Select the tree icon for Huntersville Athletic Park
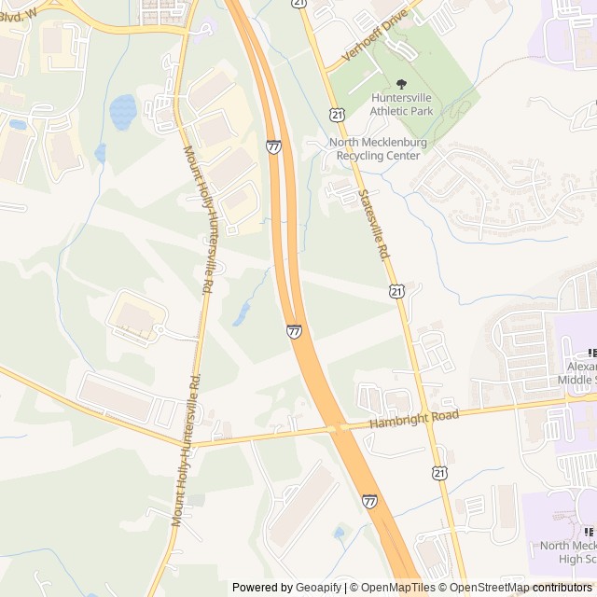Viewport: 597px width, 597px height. (402, 84)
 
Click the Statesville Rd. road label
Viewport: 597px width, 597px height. (373, 224)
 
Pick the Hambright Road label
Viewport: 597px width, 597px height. (414, 419)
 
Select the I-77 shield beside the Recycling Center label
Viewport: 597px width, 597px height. (273, 146)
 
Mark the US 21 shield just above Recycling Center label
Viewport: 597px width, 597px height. (336, 113)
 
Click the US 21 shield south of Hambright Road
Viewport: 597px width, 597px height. (439, 474)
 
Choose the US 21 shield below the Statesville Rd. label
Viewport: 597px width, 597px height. (397, 292)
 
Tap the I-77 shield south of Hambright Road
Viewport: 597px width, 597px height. (370, 501)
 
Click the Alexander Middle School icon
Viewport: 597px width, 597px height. (591, 353)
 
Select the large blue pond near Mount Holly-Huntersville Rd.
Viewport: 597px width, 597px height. (123, 112)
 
